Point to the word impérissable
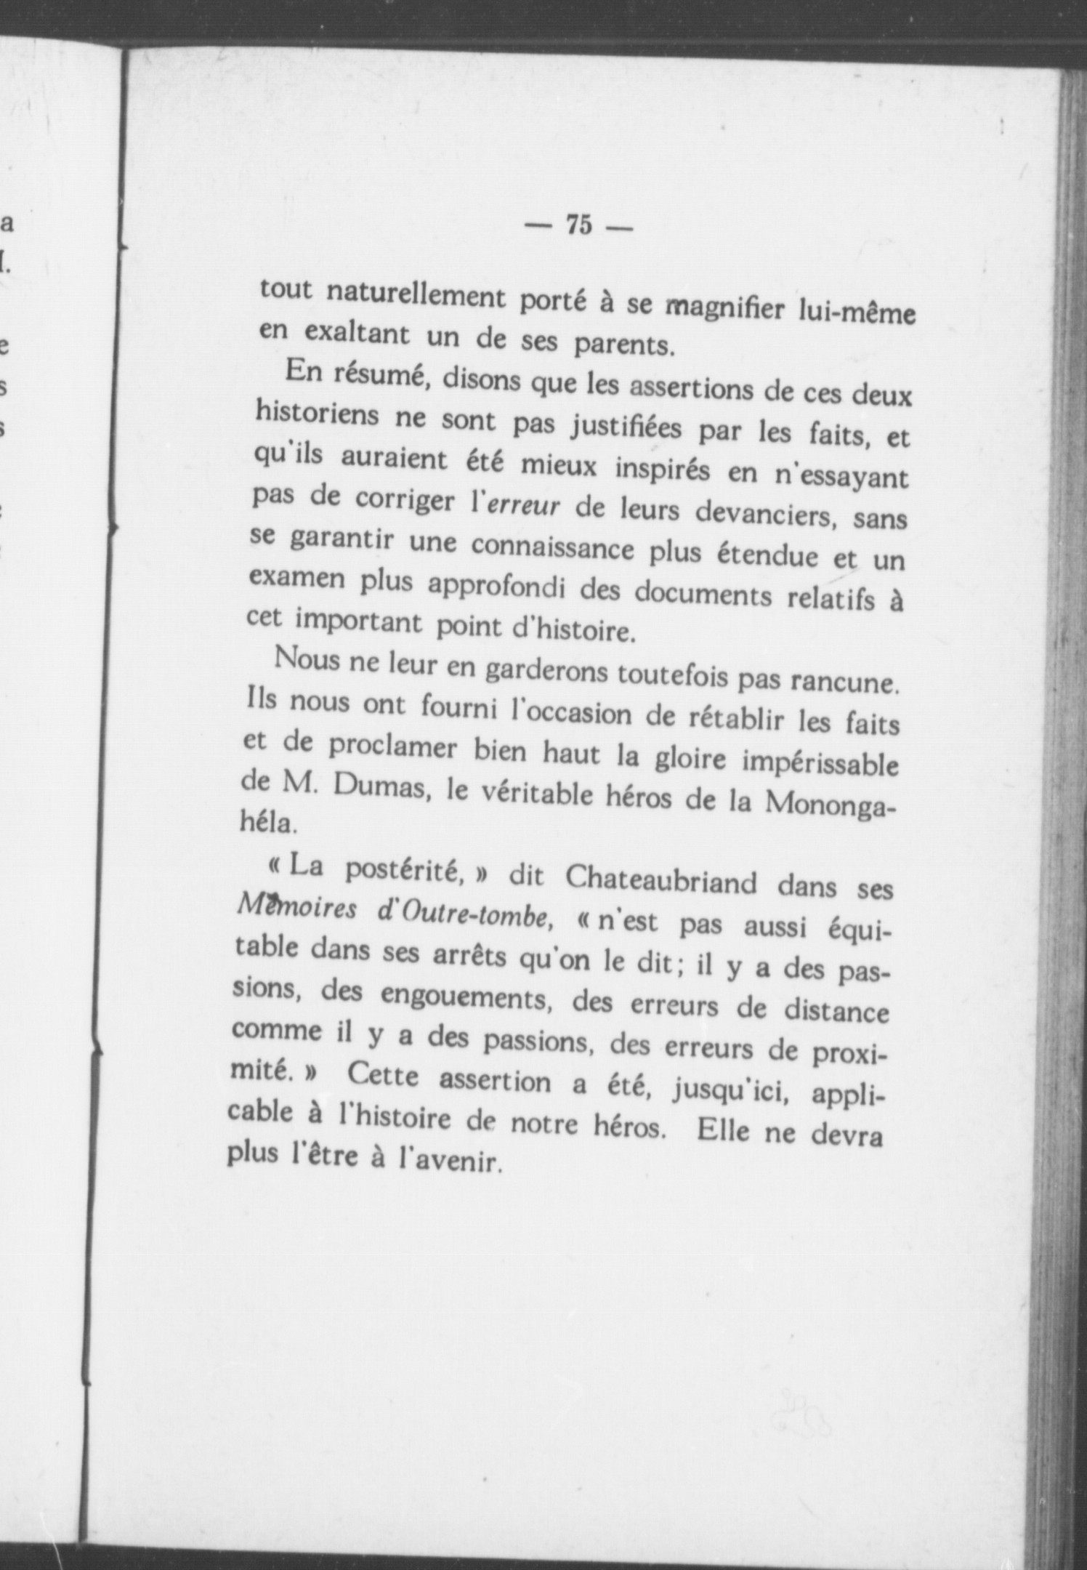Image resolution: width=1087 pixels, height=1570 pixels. click(820, 762)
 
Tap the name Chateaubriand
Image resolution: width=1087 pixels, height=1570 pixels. click(660, 879)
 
